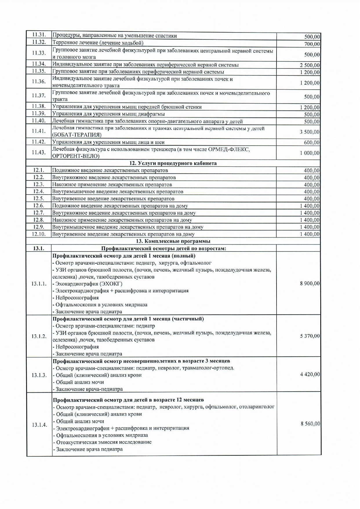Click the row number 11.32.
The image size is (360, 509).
(x=39, y=42)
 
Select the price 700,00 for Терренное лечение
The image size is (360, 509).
(x=312, y=44)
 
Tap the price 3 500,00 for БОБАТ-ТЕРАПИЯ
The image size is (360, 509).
(x=310, y=132)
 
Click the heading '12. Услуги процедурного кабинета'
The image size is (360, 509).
(x=173, y=163)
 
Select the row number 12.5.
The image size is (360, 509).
(x=39, y=199)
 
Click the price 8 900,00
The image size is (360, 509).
(x=310, y=283)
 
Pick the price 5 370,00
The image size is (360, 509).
(x=310, y=336)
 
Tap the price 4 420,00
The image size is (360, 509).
(x=310, y=374)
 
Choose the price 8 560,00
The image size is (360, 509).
(x=310, y=424)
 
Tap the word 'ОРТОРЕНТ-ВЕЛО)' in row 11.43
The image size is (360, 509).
(x=76, y=156)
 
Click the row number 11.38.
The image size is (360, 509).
(x=39, y=106)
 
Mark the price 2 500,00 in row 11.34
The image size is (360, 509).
(x=310, y=65)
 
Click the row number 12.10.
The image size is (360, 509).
(x=39, y=234)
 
